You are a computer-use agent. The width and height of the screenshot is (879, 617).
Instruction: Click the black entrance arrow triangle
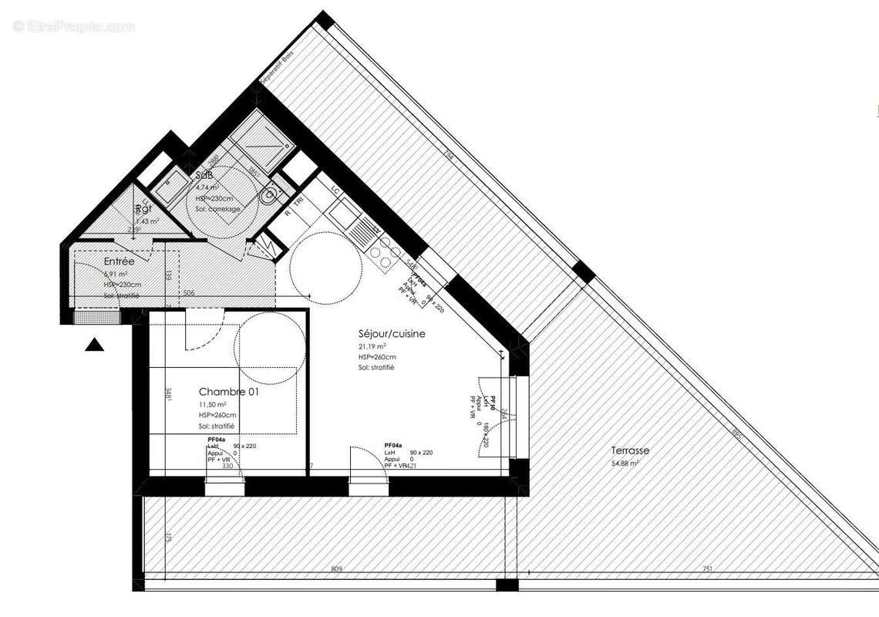pyautogui.click(x=94, y=345)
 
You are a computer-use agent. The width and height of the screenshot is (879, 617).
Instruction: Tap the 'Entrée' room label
pyautogui.click(x=119, y=262)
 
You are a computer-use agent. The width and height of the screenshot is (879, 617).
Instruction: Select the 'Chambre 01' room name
pyautogui.click(x=229, y=392)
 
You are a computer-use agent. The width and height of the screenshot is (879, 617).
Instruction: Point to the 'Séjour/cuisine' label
pyautogui.click(x=392, y=334)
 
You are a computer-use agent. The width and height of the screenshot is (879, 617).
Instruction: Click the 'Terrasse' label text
pyautogui.click(x=630, y=450)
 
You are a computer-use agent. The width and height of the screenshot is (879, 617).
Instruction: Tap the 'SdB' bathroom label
pyautogui.click(x=204, y=175)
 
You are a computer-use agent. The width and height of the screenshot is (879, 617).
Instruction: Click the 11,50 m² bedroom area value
pyautogui.click(x=213, y=404)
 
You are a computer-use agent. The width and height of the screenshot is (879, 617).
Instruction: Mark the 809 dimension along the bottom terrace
pyautogui.click(x=336, y=569)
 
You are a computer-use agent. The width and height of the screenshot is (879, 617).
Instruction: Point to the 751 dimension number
pyautogui.click(x=707, y=569)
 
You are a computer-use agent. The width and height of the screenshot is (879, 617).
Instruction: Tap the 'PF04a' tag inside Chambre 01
pyautogui.click(x=217, y=440)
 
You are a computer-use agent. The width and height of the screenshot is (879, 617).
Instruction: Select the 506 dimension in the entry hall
pyautogui.click(x=188, y=293)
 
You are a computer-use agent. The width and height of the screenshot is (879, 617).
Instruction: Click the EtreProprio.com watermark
pyautogui.click(x=73, y=26)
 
